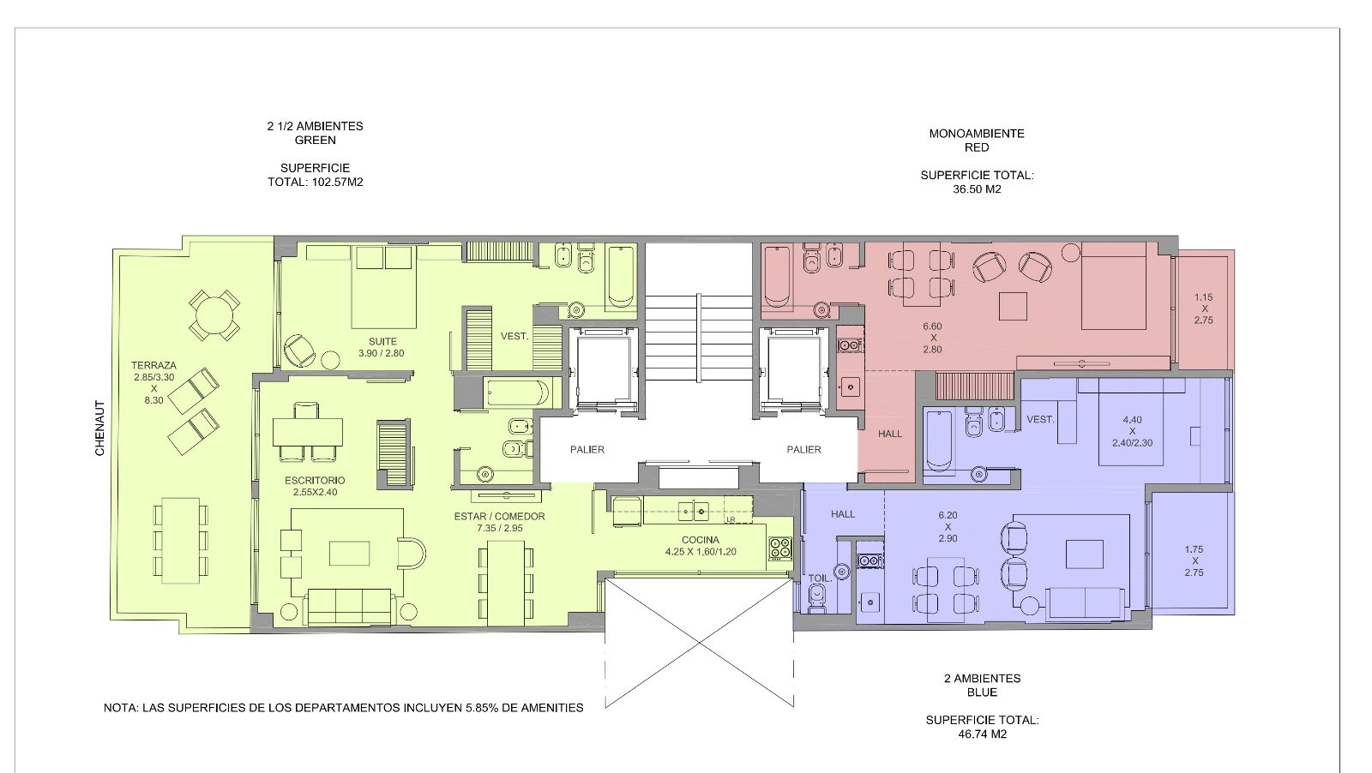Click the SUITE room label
[x=382, y=342]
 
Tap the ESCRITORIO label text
[x=315, y=481]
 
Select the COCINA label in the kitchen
[x=701, y=540]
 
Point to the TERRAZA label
[x=153, y=365]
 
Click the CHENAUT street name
[x=99, y=428]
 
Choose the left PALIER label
[x=587, y=450]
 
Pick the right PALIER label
[x=803, y=450]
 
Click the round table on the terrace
[x=214, y=315]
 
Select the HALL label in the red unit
[x=890, y=434]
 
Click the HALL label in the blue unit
[x=843, y=515]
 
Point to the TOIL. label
[x=820, y=578]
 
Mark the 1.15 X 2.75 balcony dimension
[x=1204, y=309]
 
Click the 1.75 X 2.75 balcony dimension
[x=1194, y=560]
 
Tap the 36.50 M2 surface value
[x=977, y=189]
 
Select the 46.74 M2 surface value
[x=983, y=734]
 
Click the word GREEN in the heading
[x=316, y=141]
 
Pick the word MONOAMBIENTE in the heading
[x=977, y=134]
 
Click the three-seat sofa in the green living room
[x=349, y=606]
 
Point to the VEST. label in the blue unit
[x=1041, y=420]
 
